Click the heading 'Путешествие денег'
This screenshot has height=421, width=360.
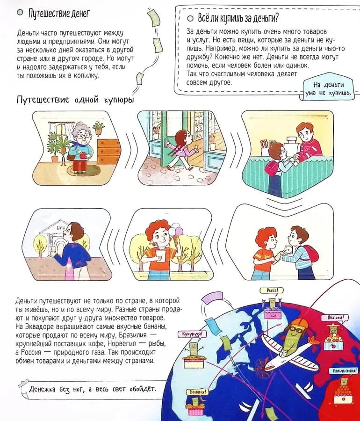[59, 13]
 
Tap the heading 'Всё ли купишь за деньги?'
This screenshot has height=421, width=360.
[238, 18]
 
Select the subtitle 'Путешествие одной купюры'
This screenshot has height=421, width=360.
[75, 100]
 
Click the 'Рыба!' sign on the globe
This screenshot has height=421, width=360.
[271, 290]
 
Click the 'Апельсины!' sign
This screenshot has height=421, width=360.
[345, 371]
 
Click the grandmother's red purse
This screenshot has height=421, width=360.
[83, 155]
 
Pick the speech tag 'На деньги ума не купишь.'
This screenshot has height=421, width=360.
[328, 88]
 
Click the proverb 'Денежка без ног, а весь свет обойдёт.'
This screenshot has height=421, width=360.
[92, 389]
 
